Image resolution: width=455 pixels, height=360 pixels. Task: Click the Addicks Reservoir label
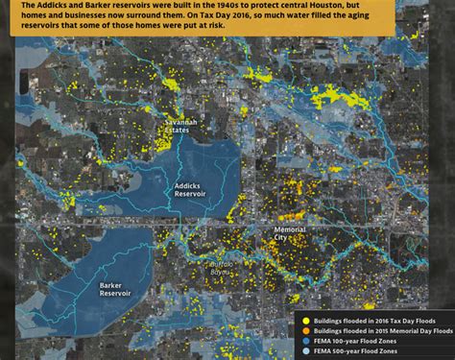point(189,188)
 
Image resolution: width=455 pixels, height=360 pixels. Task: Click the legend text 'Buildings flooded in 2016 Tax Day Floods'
point(374,321)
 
